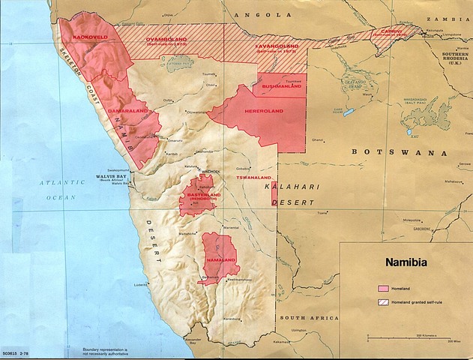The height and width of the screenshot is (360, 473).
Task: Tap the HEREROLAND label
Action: click(262, 111)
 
